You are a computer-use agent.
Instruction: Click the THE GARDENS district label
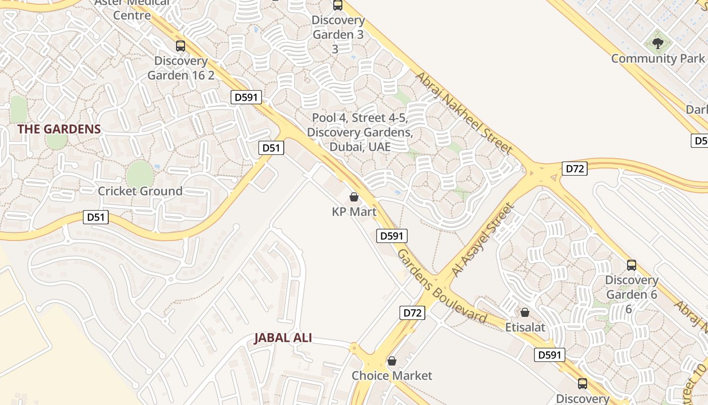tap(59, 129)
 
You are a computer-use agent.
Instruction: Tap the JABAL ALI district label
tap(283, 338)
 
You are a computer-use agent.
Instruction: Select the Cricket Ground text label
tap(140, 191)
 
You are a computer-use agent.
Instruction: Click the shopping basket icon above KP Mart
tap(354, 196)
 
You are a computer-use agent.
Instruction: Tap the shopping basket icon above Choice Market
tap(391, 361)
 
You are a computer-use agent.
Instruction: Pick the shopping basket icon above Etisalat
tap(525, 312)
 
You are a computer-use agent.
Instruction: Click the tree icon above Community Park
tap(657, 44)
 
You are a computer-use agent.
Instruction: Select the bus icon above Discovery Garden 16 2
tap(181, 46)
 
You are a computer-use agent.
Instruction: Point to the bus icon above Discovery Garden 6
tap(631, 265)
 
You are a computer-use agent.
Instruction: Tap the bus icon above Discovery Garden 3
tap(337, 6)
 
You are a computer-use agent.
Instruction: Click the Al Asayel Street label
tap(483, 239)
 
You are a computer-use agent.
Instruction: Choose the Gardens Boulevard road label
tap(441, 287)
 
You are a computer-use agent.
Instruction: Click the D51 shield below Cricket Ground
tap(96, 218)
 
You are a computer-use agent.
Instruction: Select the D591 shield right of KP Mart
tap(391, 236)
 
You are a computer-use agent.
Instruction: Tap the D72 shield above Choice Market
tap(412, 313)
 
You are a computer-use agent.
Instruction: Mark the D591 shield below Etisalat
tap(550, 355)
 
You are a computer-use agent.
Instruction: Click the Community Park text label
tap(657, 59)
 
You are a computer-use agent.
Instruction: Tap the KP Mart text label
tap(354, 212)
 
